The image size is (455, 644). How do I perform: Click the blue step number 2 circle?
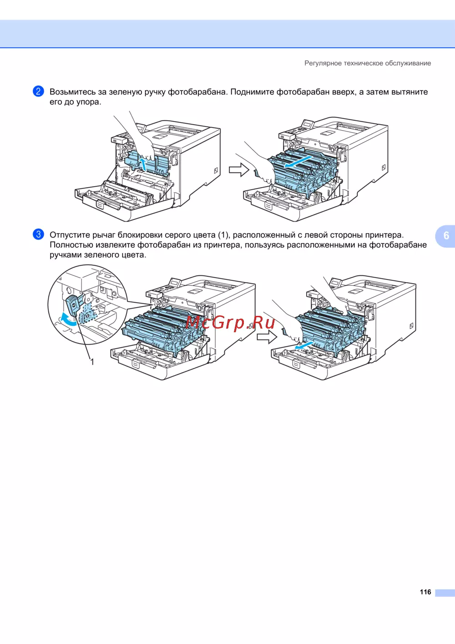tap(38, 91)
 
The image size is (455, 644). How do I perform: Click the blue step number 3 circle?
tap(38, 234)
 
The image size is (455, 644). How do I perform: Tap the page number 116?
tap(425, 592)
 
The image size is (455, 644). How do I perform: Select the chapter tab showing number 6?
tap(445, 236)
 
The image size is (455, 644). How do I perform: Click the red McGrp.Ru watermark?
tap(230, 323)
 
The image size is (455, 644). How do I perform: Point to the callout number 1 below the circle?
tap(92, 362)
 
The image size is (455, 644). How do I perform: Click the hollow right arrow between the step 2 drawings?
tap(239, 170)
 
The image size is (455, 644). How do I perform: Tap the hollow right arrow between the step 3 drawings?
tap(267, 336)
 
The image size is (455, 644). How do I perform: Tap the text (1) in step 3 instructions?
tap(224, 235)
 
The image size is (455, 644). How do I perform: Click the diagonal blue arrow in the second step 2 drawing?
tap(298, 162)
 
